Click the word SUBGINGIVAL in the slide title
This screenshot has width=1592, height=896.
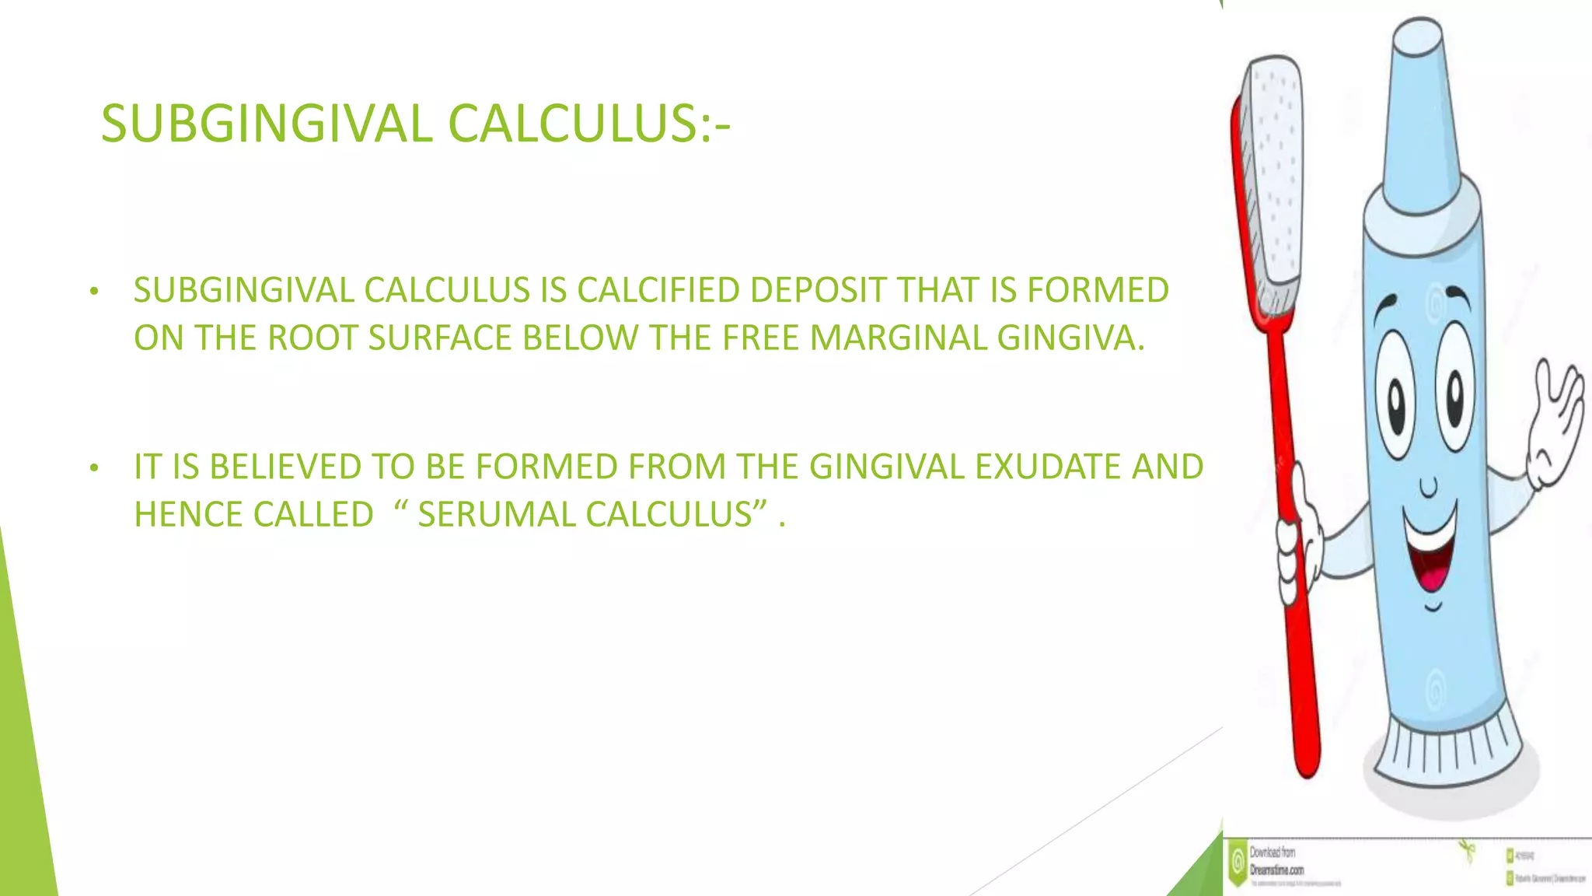click(x=267, y=124)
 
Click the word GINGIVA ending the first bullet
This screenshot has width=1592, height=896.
click(x=1070, y=338)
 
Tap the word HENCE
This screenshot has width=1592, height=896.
click(x=188, y=515)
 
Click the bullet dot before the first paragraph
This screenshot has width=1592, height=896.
click(x=94, y=292)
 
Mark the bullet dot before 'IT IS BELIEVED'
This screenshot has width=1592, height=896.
click(x=94, y=468)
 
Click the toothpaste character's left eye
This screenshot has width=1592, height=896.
click(x=1397, y=401)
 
